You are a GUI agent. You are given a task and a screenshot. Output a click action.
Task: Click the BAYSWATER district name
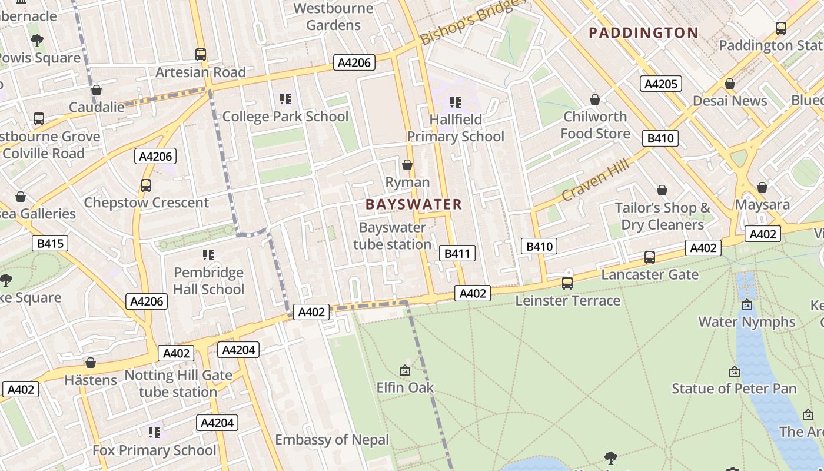coord(414,204)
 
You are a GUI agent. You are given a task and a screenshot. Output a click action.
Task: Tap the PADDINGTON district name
coord(643,32)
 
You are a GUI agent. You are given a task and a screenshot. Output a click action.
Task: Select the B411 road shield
coord(457,253)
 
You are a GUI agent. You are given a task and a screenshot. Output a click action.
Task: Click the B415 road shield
coord(51,243)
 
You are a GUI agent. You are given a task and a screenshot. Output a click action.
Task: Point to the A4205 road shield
coord(660,84)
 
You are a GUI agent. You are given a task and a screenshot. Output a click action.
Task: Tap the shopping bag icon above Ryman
coord(407,165)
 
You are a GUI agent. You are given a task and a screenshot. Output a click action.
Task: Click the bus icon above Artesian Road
coord(201,55)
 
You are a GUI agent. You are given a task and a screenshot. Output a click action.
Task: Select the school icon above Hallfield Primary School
coord(455,102)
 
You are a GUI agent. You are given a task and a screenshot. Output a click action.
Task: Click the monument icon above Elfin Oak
coord(405,370)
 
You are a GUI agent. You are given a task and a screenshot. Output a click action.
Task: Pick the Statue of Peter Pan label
coord(734,389)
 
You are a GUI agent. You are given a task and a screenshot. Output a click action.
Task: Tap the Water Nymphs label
coord(746,321)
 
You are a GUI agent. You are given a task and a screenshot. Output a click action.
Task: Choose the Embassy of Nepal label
coord(332,440)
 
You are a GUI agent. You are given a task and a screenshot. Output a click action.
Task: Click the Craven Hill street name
coord(596,180)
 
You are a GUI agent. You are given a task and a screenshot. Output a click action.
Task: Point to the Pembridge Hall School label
coord(208,281)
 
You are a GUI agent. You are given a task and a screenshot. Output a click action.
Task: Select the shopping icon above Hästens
coord(91,363)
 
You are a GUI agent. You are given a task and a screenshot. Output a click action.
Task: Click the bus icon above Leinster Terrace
coord(567,283)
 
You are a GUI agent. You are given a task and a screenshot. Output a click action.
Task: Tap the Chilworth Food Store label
coord(595,125)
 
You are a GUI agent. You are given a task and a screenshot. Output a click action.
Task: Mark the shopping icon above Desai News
coord(730,84)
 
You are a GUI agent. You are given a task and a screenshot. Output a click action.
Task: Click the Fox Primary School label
coord(154,450)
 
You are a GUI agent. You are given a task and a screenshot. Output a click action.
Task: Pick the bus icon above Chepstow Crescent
coord(146,185)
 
